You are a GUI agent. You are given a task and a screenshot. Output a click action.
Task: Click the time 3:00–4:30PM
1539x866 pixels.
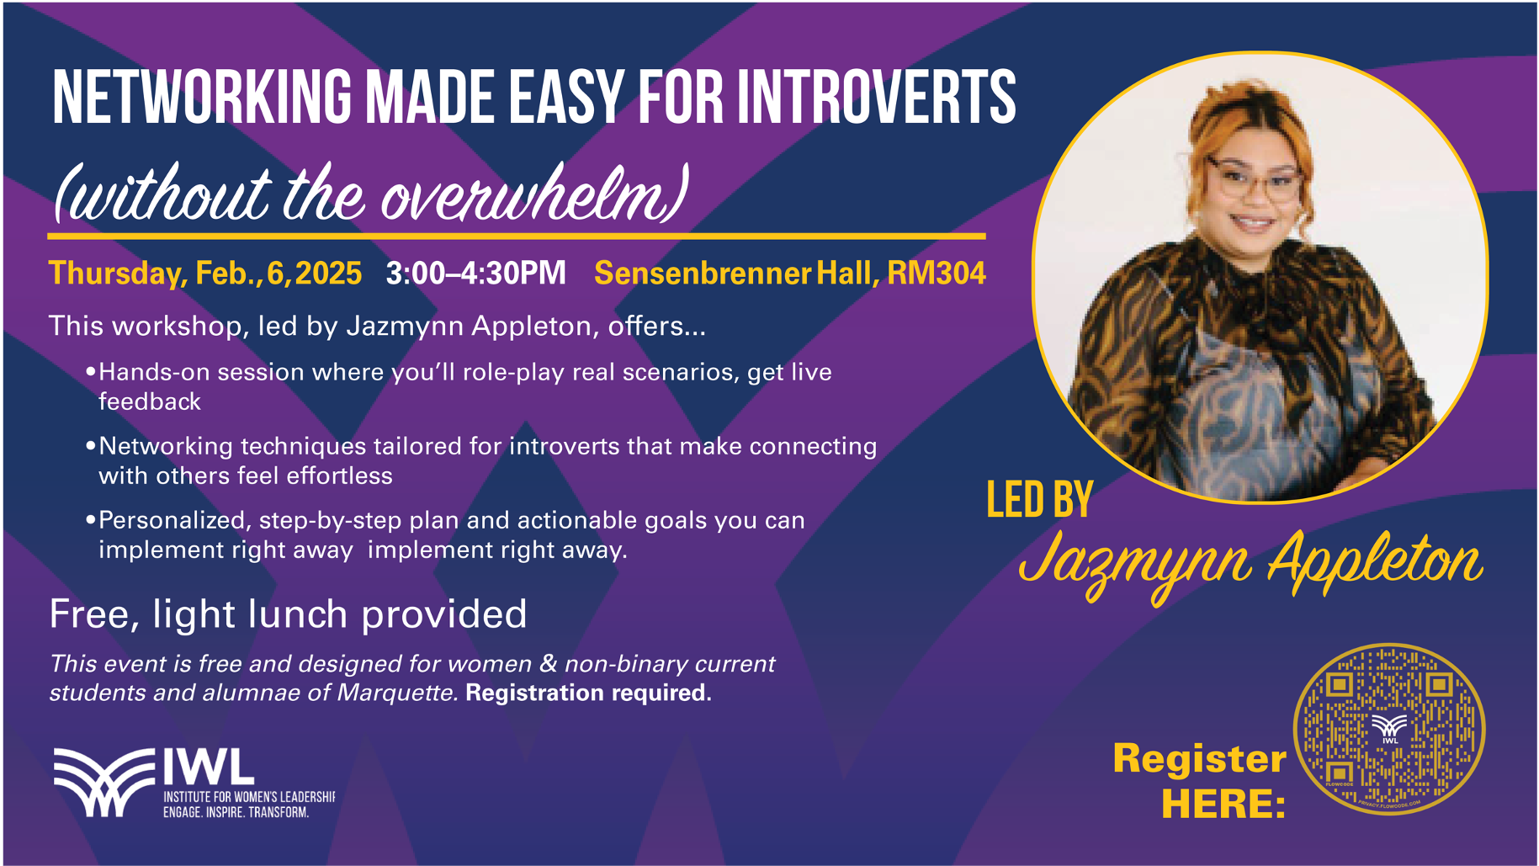coord(476,273)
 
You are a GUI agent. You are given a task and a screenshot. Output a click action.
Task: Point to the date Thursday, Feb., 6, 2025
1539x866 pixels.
coord(205,274)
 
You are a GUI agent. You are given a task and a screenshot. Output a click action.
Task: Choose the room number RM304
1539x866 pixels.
coord(937,273)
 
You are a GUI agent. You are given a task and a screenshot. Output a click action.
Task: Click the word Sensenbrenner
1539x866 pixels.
coord(703,273)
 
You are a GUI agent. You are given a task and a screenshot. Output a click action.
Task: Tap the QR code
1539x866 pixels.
coord(1389,729)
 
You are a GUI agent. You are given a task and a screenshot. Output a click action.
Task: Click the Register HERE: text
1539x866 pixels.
coord(1199,781)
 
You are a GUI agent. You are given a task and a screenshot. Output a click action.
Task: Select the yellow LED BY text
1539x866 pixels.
coord(1040,500)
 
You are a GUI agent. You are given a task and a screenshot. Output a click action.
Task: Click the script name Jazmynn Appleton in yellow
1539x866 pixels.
coord(1250,563)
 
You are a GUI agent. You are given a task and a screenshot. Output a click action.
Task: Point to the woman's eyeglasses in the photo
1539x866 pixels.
coord(1254,179)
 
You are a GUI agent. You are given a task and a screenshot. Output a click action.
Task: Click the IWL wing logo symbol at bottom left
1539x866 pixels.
coord(105,782)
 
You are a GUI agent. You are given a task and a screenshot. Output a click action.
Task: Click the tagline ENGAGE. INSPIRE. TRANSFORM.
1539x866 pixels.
coord(236,812)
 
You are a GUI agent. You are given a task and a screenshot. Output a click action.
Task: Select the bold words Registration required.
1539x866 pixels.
coord(589,693)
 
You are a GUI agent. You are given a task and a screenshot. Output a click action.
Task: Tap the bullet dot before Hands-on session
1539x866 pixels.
coord(90,371)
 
